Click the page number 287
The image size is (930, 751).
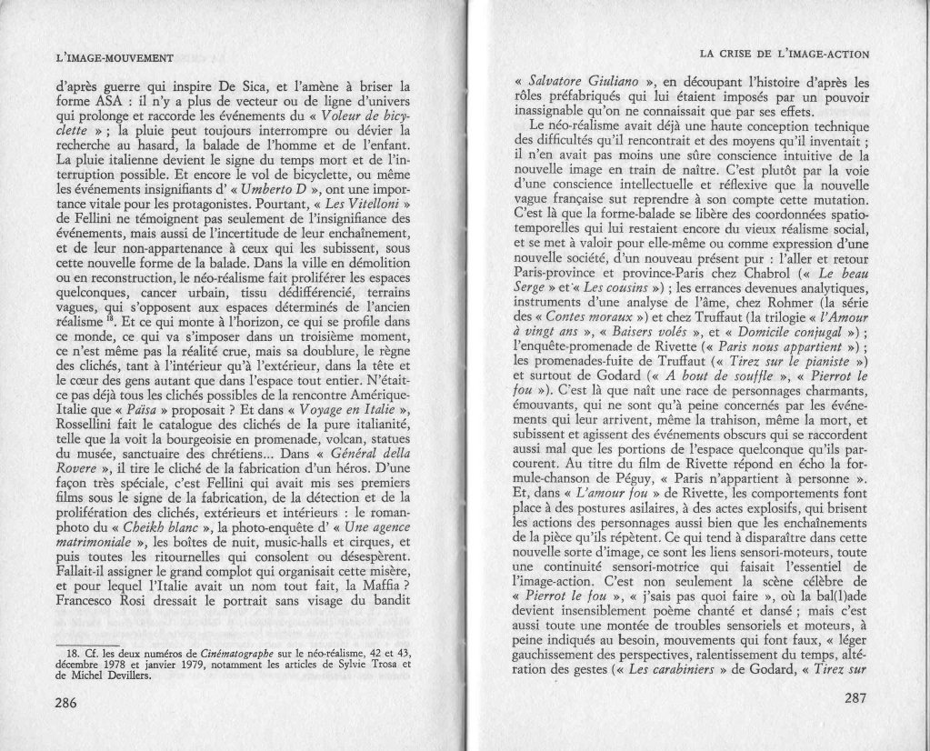(x=855, y=698)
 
